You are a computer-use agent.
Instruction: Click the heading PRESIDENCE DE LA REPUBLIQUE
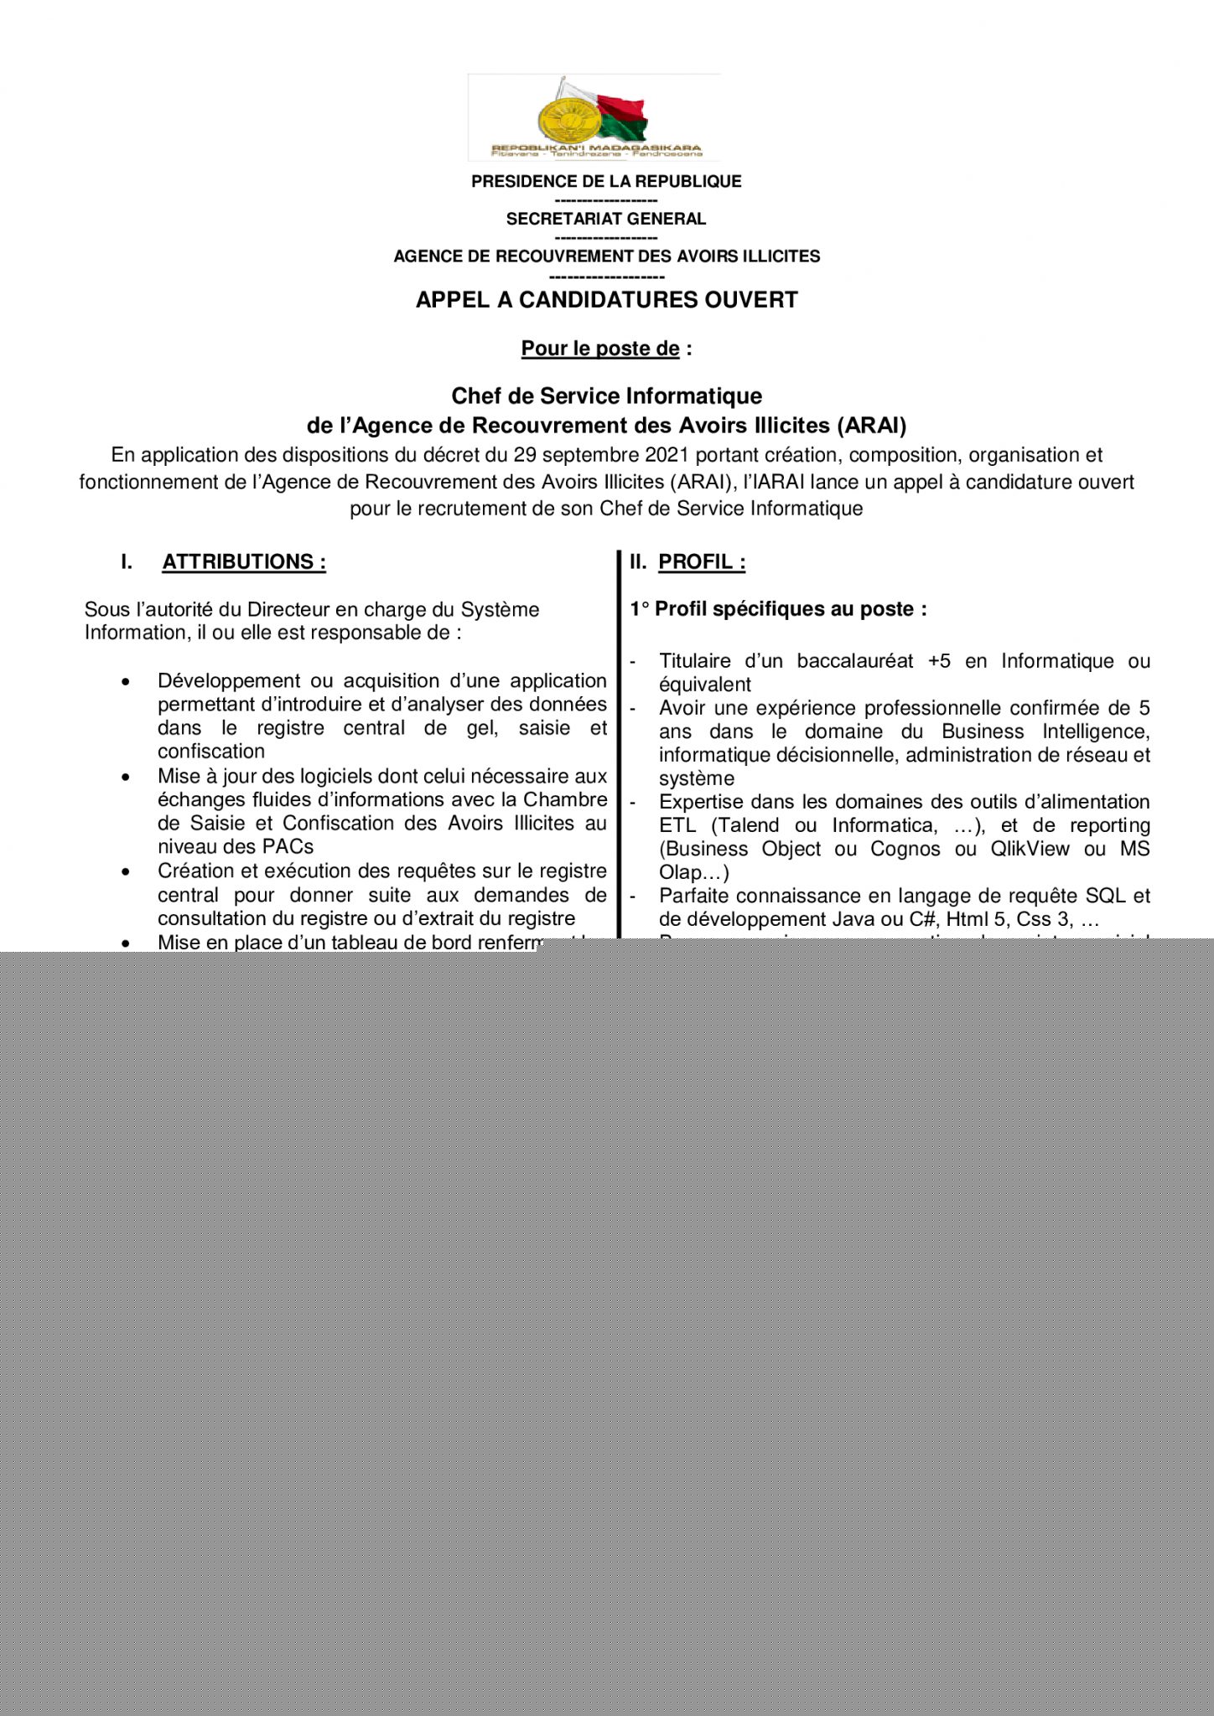coord(606,182)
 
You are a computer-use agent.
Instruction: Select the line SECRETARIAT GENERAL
coord(606,219)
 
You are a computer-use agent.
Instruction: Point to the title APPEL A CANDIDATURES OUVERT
coord(606,300)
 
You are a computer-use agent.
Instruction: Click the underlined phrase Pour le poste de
coord(600,349)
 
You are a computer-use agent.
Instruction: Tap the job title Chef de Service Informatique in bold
coord(606,395)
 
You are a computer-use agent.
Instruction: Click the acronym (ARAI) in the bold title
coord(872,426)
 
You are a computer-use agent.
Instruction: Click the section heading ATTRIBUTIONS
coord(243,562)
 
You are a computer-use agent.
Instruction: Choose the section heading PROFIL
coord(701,562)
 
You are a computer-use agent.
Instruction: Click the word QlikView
coord(1030,849)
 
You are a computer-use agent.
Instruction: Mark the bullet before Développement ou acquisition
coord(126,682)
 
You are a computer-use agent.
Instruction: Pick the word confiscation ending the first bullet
coord(211,752)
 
